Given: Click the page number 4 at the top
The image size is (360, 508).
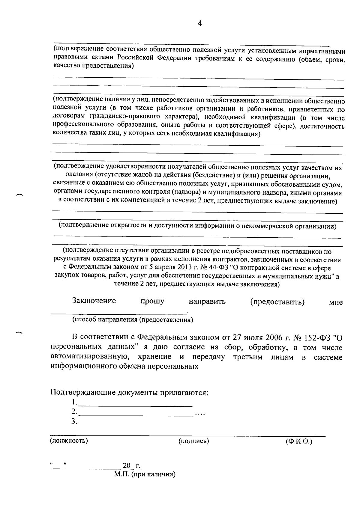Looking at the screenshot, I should [200, 24].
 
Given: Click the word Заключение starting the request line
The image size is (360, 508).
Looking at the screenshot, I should [94, 301].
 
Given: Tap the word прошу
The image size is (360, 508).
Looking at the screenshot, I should [152, 301].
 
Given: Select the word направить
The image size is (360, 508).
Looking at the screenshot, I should [207, 302].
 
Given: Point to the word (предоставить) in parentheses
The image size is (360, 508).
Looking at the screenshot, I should [277, 302].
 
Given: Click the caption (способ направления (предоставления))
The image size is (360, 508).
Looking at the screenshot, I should [133, 319].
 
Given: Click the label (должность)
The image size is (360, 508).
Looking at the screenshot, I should [69, 441].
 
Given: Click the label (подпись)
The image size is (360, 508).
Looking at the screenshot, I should [193, 441].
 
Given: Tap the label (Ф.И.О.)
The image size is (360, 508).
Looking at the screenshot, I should [299, 441].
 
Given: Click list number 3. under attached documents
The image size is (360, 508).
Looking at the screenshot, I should [74, 422].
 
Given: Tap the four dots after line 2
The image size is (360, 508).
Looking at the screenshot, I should [200, 414].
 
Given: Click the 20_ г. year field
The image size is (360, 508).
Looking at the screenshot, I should [131, 466].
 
